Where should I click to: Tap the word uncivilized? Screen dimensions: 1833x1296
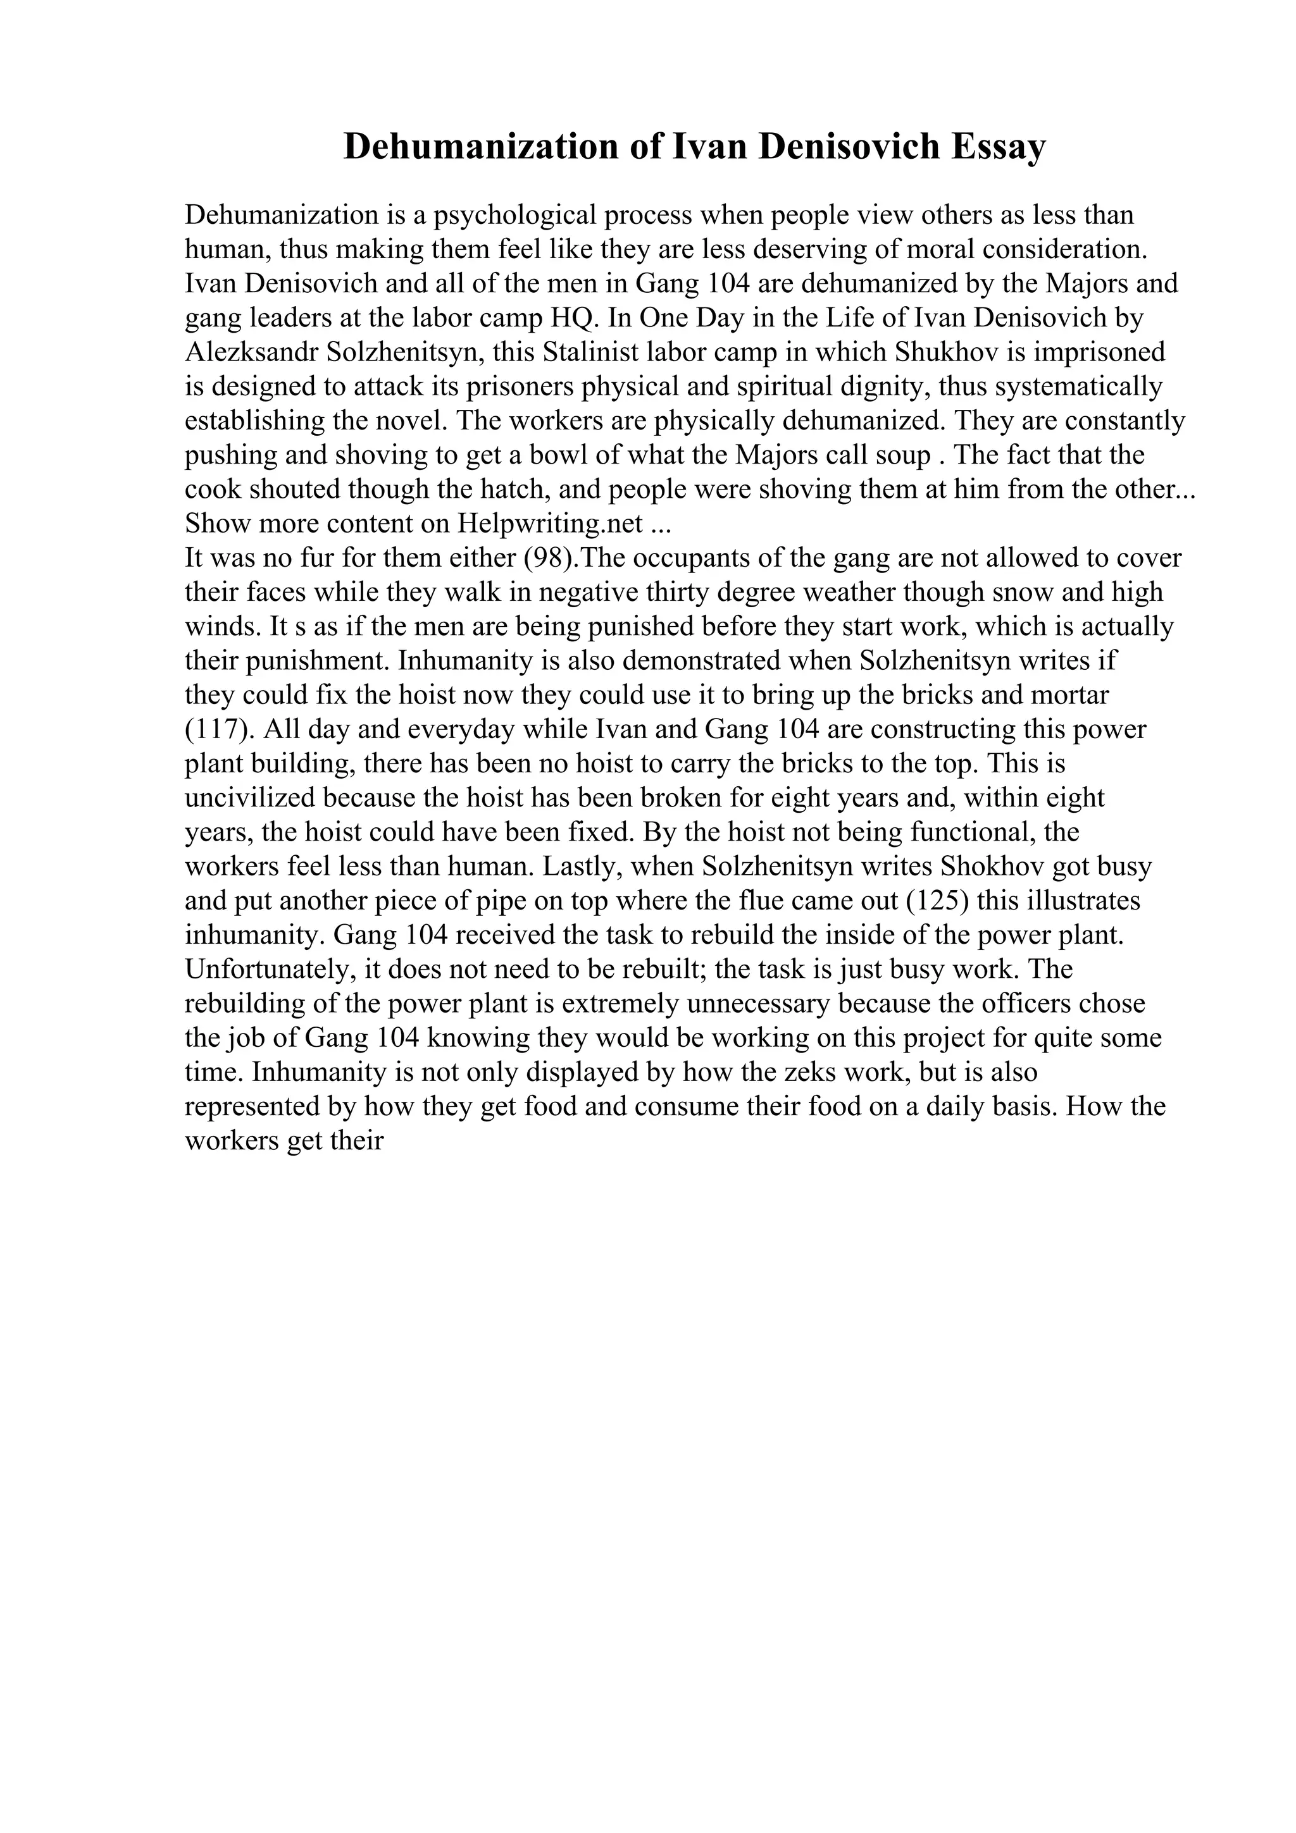(250, 798)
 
